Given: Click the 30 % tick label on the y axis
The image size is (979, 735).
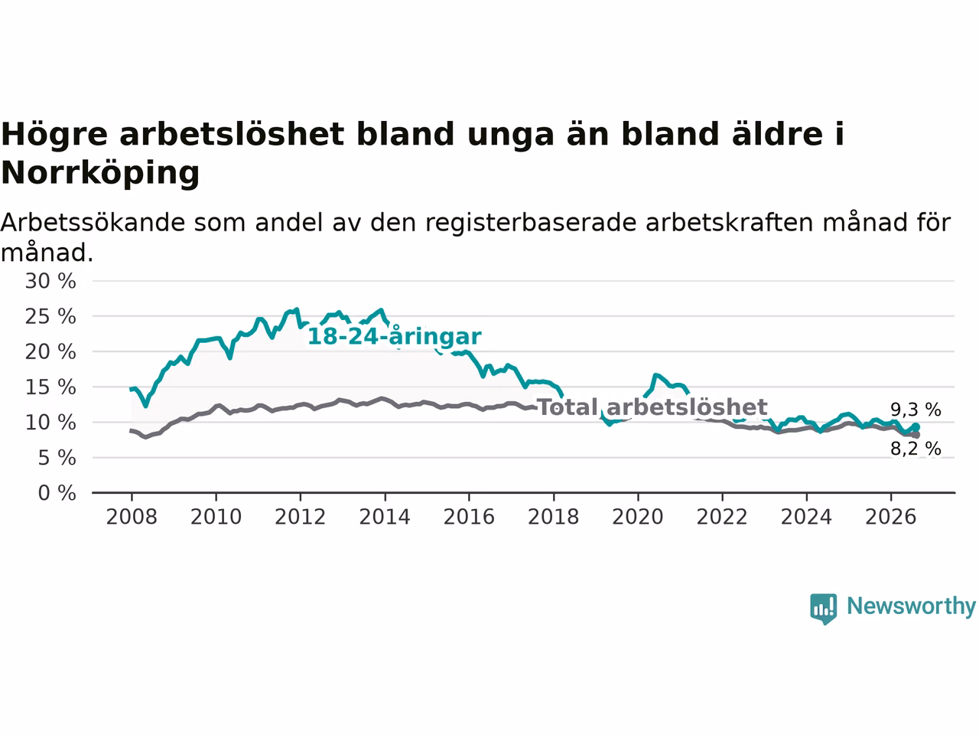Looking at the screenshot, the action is [x=50, y=281].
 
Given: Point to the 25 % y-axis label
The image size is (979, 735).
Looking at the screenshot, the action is [x=50, y=316].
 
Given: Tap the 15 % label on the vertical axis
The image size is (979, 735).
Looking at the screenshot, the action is [x=50, y=387].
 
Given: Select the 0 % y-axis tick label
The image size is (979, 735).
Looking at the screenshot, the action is [x=57, y=493].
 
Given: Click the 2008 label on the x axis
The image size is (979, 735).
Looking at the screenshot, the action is [x=132, y=517].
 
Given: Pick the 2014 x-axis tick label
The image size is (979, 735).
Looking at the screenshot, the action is [x=385, y=517].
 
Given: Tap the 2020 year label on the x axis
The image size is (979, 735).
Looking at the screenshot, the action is [x=638, y=517].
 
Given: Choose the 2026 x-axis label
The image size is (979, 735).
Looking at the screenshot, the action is [x=891, y=517].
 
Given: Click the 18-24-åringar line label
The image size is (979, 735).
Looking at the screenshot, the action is [x=394, y=336].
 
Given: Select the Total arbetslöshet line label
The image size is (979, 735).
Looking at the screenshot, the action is [x=652, y=407].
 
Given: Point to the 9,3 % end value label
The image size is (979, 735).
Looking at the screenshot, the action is [x=916, y=409].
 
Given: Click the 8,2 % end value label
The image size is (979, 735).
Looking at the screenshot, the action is [x=916, y=449].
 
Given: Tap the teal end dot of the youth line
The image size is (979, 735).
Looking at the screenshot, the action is [x=916, y=427].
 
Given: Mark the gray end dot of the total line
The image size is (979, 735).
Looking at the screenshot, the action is [x=916, y=435].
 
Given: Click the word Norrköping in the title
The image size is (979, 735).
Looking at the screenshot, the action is [x=100, y=173].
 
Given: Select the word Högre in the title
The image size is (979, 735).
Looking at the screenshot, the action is [x=54, y=135].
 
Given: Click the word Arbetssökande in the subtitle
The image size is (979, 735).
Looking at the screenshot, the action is [x=93, y=222].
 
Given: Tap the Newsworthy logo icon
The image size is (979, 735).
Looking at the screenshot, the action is [x=823, y=609].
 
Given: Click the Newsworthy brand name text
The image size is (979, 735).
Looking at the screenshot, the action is [x=911, y=606].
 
